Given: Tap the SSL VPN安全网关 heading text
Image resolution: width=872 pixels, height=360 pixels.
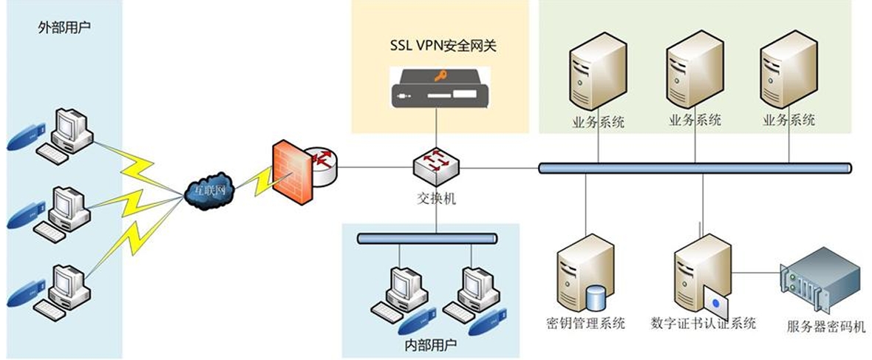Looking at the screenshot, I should [443, 46].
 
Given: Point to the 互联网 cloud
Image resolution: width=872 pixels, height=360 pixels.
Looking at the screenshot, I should [211, 191].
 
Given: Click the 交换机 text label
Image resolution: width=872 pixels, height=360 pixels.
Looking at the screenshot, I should [436, 197].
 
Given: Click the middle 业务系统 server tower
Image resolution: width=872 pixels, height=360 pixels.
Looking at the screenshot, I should [694, 74].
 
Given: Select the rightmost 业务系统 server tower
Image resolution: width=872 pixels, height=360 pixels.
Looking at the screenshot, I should [788, 74].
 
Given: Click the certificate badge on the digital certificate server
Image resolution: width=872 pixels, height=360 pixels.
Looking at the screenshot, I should [715, 302].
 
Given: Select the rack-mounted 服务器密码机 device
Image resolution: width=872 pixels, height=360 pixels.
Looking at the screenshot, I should [820, 285].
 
